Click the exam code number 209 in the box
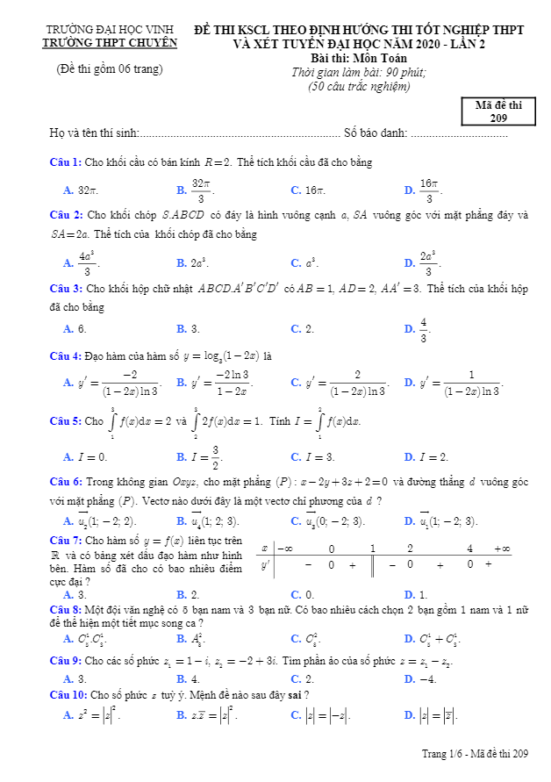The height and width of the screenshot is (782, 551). coord(498,118)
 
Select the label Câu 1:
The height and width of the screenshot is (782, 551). coord(66,162)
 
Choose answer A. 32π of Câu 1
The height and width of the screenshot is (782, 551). coord(81,190)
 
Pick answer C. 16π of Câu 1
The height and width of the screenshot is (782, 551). coord(308,190)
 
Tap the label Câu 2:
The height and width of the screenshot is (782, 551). coord(66,214)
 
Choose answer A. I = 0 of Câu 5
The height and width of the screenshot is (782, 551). coord(85,456)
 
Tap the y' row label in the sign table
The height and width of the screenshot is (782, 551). coord(265,564)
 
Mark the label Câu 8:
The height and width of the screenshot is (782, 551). coord(66,608)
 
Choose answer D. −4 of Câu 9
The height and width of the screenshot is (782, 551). coord(420,678)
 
